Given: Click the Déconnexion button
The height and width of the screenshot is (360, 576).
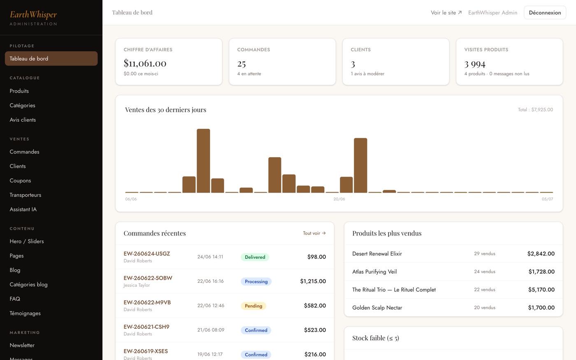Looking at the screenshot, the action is [545, 13].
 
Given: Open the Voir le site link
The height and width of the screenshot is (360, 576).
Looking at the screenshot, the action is [446, 13].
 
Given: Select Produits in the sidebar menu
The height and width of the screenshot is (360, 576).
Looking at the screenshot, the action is [19, 91].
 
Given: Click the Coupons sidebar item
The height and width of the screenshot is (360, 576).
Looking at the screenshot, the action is [20, 181].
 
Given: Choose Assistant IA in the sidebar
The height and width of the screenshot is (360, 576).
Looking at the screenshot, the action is [23, 209].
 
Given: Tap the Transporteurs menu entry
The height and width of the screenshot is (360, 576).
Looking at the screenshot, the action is [26, 195].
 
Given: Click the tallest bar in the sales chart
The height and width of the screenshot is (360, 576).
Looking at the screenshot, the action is [203, 161].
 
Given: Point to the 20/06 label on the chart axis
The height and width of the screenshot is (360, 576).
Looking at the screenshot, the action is [339, 199].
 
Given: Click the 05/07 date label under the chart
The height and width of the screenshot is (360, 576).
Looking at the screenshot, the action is [547, 199].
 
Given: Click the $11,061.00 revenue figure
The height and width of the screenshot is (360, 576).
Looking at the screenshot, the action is [145, 63].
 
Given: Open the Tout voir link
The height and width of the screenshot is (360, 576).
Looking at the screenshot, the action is [314, 233].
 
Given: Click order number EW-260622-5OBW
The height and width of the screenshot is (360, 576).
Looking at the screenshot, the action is [148, 278].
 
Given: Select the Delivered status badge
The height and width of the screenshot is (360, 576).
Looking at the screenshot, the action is [255, 257].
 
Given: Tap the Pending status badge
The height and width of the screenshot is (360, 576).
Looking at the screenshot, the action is [253, 306].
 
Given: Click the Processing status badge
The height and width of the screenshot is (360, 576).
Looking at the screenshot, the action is [256, 281].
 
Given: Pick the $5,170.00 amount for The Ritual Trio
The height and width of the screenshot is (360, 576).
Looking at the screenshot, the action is [541, 290].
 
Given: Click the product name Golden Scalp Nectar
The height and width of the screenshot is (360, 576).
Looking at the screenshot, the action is [377, 308].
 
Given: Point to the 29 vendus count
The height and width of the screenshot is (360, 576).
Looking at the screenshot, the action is [485, 253].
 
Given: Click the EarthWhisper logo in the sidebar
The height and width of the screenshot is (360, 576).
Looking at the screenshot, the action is [33, 15].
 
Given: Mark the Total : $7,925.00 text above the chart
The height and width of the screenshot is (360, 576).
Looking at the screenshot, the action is [535, 109].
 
